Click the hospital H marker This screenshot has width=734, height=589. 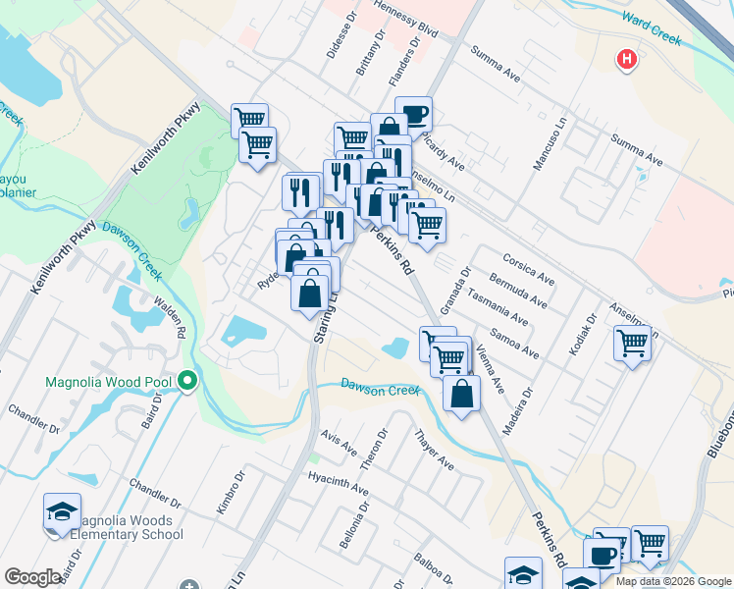coord(627,60)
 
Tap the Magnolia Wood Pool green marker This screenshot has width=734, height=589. coord(186,381)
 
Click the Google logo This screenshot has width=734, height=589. coord(33,577)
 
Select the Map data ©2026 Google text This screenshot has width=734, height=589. coord(673,581)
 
